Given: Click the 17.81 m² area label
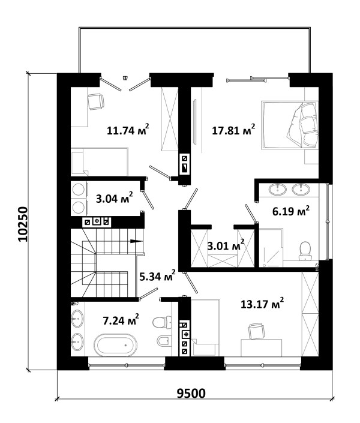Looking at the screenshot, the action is click(233, 130).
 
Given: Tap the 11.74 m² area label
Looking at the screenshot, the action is click(128, 130).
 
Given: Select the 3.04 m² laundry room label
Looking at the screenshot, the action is click(115, 198).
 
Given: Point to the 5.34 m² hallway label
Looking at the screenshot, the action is click(158, 276).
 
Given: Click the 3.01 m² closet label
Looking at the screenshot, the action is click(226, 245).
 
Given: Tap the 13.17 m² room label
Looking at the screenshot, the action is click(262, 304).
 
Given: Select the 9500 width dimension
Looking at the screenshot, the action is click(191, 394).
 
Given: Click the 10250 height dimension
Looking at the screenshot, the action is click(23, 224).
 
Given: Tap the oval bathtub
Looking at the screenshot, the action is click(116, 345).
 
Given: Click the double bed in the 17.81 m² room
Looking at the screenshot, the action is click(290, 125).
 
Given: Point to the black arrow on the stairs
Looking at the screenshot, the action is click(136, 241).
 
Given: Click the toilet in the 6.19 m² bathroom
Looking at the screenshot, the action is click(305, 251).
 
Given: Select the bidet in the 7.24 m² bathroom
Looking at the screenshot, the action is click(164, 340).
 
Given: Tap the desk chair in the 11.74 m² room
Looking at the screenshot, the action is click(96, 101).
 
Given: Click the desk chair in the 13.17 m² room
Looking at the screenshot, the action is click(256, 331).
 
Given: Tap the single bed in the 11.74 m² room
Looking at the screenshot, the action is click(100, 161).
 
